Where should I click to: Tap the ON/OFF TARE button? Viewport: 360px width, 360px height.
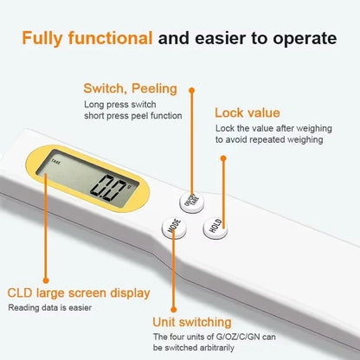click(193, 202)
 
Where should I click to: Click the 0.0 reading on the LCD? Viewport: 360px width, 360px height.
click(112, 189)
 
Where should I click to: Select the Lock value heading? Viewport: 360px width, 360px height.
click(246, 113)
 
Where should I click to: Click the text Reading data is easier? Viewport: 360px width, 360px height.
click(50, 307)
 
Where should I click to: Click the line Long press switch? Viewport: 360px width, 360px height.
click(121, 104)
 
